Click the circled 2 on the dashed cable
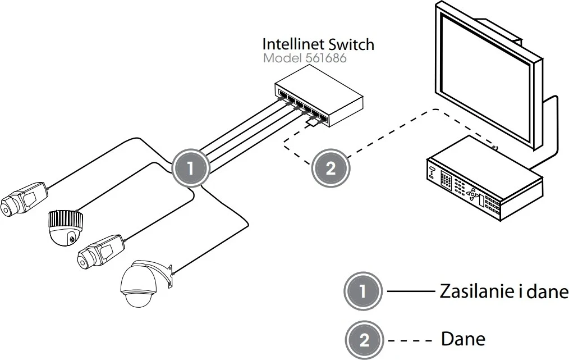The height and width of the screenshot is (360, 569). tap(330, 168)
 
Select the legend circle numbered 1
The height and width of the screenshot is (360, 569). tap(362, 291)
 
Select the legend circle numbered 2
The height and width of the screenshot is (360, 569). tap(364, 340)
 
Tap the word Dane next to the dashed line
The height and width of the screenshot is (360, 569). tap(463, 339)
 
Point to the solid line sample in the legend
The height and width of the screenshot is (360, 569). tap(410, 292)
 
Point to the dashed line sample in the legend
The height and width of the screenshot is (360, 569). tap(410, 340)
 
